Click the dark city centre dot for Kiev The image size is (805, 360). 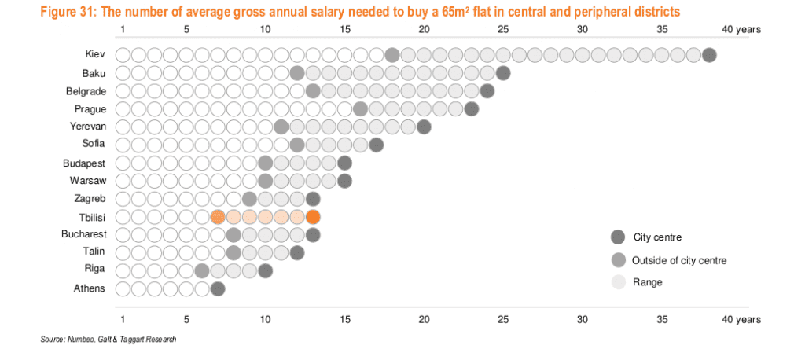click(710, 55)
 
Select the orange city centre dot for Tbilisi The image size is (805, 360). click(313, 217)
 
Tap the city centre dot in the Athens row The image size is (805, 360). click(218, 289)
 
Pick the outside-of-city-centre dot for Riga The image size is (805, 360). click(202, 271)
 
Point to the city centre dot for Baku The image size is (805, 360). click(504, 73)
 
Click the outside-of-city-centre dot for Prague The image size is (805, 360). click(361, 108)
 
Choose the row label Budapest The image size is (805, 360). click(84, 163)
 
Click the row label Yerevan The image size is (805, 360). click(87, 127)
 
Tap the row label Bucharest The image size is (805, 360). click(83, 235)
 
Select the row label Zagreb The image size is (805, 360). click(90, 199)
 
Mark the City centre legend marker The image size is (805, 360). click(618, 237)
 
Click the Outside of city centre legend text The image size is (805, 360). click(679, 260)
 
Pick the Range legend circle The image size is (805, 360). click(618, 282)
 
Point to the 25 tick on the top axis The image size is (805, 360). click(503, 30)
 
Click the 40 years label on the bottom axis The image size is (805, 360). click(741, 320)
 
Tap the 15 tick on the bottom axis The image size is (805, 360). click(344, 320)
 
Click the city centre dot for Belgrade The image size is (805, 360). click(487, 91)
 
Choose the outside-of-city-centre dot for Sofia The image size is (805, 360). click(297, 145)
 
